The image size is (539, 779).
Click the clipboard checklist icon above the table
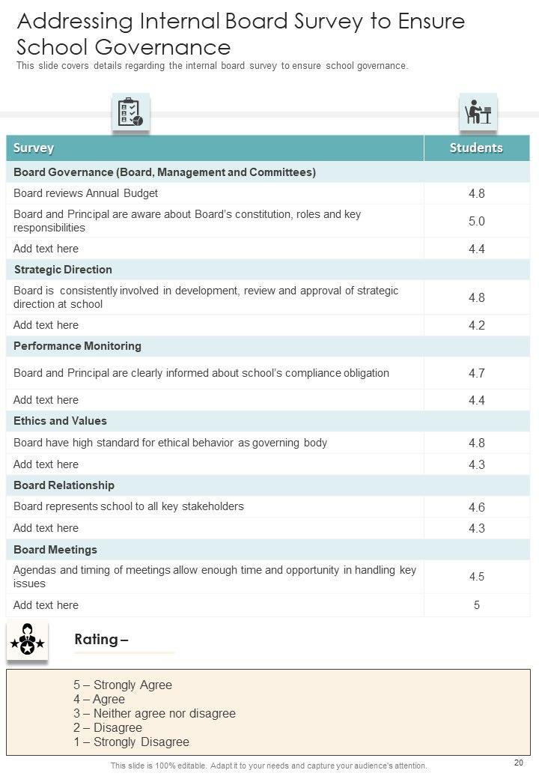[x=130, y=113]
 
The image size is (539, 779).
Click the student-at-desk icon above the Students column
[x=478, y=113]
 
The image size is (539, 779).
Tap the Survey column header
[x=34, y=148]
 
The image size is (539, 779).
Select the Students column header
[x=476, y=148]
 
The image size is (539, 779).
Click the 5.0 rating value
[x=477, y=221]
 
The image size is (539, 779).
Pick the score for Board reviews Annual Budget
[x=477, y=193]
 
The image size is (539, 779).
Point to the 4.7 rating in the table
[x=477, y=373]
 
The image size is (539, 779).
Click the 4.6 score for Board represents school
[x=477, y=507]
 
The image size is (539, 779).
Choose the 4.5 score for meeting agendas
[x=477, y=577]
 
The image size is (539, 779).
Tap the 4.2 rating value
[x=477, y=325]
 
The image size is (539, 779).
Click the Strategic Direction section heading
[x=63, y=270]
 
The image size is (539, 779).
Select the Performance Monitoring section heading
[x=77, y=346]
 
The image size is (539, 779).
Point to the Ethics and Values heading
[x=60, y=421]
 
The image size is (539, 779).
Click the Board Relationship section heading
[x=64, y=485]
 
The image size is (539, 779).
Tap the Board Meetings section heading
[x=55, y=550]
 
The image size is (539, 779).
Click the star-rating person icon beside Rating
[x=28, y=640]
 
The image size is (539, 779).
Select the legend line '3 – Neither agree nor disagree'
[x=154, y=713]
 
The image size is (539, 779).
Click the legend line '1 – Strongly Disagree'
[x=131, y=742]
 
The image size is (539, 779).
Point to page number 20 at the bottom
[x=519, y=763]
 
